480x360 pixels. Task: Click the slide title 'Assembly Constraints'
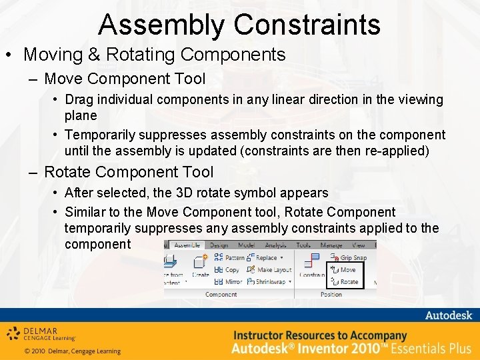tap(239, 25)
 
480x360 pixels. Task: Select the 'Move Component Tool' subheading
tap(125, 79)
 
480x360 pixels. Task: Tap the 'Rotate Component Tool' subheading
tap(129, 172)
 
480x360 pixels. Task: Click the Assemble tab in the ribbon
tap(187, 245)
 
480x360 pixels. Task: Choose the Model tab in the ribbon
tap(247, 245)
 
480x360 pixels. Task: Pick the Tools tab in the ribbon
tap(303, 245)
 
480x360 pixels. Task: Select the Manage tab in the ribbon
tap(331, 245)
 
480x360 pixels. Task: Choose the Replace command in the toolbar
tap(265, 257)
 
